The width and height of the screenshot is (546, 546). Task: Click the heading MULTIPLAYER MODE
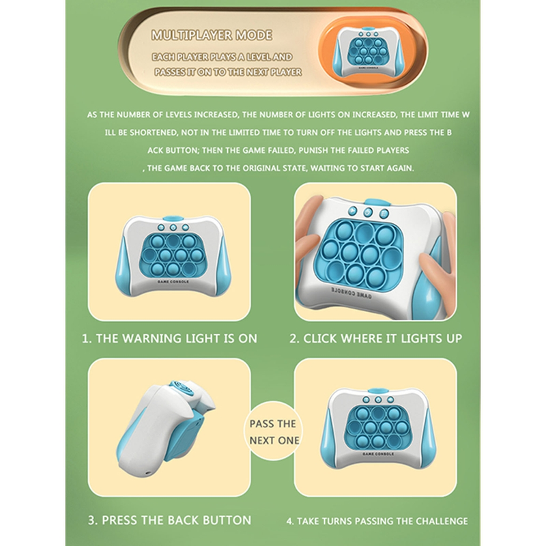click(x=212, y=35)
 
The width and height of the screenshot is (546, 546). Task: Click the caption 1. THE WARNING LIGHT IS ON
click(x=169, y=339)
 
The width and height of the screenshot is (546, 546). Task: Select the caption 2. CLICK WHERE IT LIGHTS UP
click(x=376, y=339)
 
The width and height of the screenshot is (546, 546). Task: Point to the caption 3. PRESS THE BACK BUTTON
click(x=169, y=520)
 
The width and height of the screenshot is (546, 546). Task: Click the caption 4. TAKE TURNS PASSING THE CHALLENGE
click(x=377, y=521)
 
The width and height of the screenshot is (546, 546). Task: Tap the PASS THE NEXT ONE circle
click(x=274, y=431)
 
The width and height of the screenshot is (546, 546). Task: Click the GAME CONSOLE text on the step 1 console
click(x=173, y=282)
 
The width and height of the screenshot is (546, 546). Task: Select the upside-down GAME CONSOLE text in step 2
click(x=351, y=293)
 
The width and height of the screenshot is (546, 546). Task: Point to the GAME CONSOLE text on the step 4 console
click(x=378, y=454)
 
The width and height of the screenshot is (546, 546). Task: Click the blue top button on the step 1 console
click(x=173, y=218)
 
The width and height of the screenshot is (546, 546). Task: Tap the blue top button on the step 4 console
click(x=377, y=390)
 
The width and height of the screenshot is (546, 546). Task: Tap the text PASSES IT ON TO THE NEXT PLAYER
click(x=228, y=72)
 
